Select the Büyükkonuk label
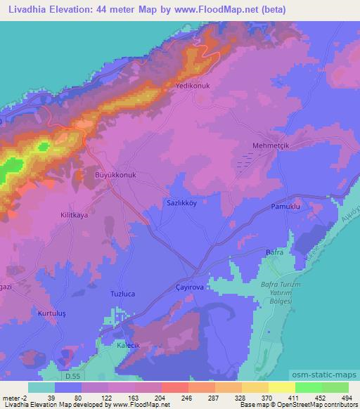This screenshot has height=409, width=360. pos(114,175)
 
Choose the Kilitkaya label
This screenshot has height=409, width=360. pos(74,216)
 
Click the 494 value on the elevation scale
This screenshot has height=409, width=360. pos(347,397)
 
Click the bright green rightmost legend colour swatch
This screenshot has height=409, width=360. pos(335,387)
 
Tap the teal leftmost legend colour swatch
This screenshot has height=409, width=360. pos(41,387)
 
